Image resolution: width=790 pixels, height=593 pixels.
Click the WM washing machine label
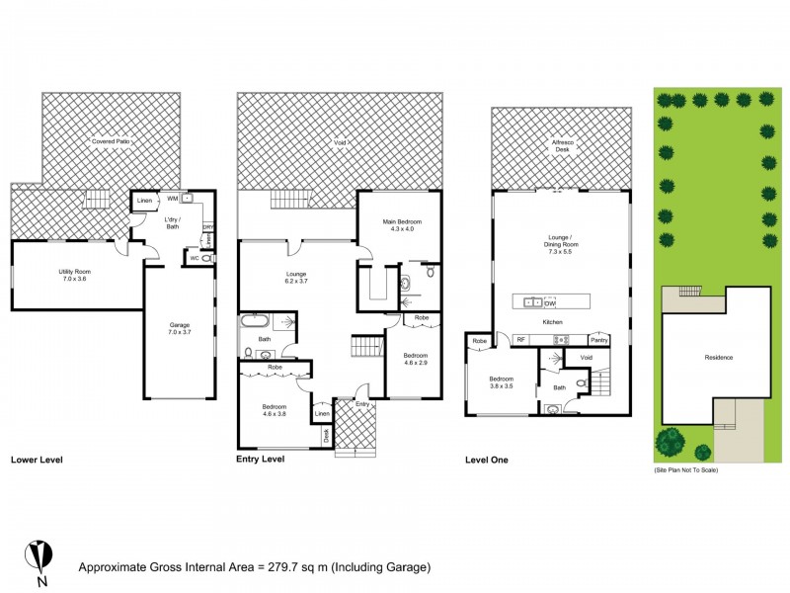pyautogui.click(x=172, y=198)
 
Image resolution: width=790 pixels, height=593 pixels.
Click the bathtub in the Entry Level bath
pyautogui.click(x=253, y=321)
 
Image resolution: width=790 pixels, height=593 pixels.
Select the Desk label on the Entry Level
pyautogui.click(x=326, y=433)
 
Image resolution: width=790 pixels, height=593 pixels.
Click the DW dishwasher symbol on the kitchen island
pyautogui.click(x=550, y=301)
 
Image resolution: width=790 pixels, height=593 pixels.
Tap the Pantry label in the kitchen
pyautogui.click(x=599, y=339)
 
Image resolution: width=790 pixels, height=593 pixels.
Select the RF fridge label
pyautogui.click(x=520, y=339)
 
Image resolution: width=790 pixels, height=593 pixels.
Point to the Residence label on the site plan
pyautogui.click(x=718, y=358)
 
